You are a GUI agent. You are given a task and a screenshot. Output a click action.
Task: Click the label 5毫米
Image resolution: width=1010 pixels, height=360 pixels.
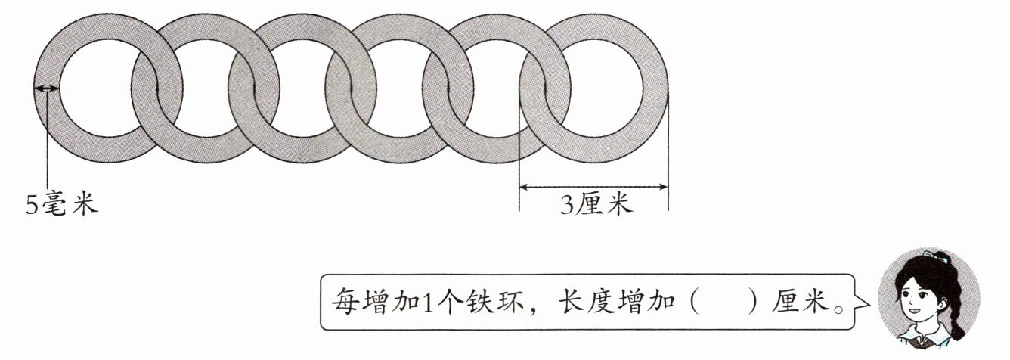62,205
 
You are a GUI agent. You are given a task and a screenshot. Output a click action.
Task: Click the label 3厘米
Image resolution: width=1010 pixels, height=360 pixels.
596,205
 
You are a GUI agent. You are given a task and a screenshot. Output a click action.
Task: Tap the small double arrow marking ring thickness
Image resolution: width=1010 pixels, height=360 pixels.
47,88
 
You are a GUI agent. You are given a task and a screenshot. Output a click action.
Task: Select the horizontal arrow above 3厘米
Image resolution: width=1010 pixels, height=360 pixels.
593,187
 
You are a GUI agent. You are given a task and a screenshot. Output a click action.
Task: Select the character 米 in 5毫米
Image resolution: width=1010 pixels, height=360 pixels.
85,205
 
